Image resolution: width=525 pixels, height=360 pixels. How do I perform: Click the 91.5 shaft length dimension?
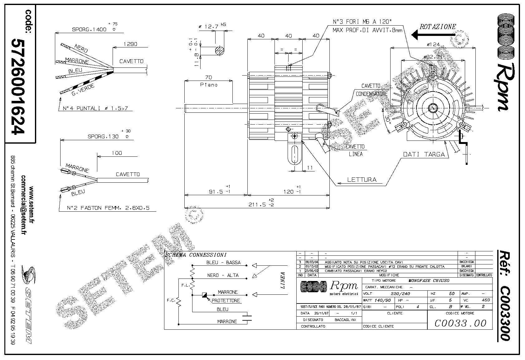click(x=216, y=191)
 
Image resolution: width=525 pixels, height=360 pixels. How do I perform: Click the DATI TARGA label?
click(x=424, y=154)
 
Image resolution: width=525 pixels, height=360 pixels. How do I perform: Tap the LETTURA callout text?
click(x=362, y=180)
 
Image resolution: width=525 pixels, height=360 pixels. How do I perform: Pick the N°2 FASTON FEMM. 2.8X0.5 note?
click(x=108, y=208)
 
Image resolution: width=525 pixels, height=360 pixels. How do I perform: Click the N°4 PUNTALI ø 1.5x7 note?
click(x=95, y=108)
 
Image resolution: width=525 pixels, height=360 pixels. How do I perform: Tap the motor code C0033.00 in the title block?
click(x=460, y=323)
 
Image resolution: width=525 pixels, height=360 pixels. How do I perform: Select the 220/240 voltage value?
click(x=400, y=293)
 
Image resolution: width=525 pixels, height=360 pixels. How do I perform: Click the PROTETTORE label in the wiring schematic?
click(x=226, y=300)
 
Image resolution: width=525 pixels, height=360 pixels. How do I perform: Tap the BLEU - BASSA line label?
click(x=223, y=262)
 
